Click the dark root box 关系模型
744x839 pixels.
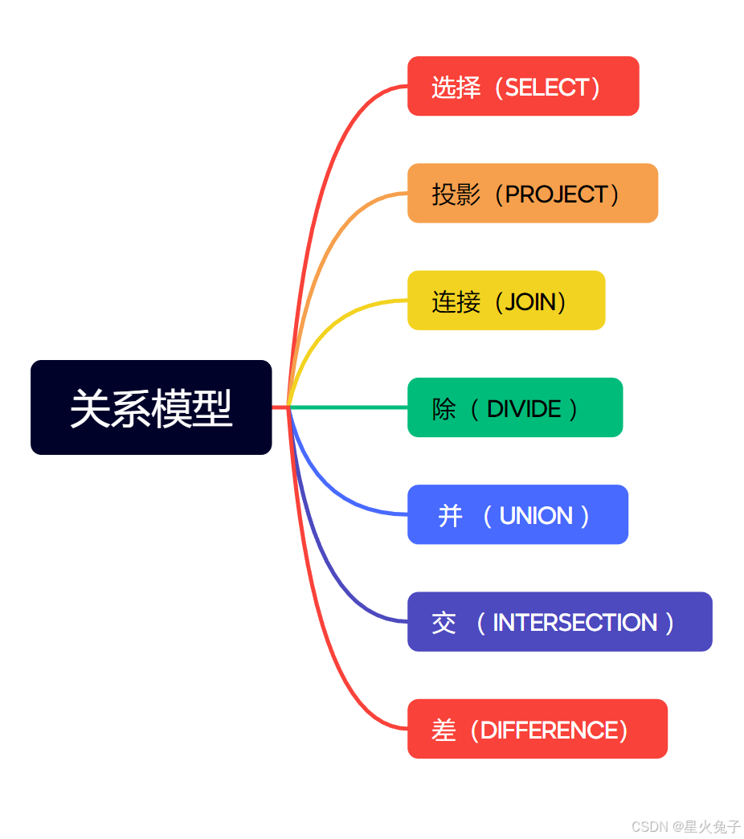point(151,407)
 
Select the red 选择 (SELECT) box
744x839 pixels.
point(523,86)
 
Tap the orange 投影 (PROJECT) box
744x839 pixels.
point(533,193)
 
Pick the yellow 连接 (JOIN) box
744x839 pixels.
point(506,301)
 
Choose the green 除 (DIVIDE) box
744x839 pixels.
point(515,407)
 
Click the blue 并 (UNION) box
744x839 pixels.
point(517,514)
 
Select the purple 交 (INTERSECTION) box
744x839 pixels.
point(559,622)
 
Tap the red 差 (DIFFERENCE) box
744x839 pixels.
point(537,729)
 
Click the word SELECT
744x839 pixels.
point(547,87)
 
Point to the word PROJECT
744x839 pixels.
point(556,194)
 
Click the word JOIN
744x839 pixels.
point(531,301)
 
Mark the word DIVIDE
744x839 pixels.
point(524,409)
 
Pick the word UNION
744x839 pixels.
point(536,516)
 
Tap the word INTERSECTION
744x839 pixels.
point(574,623)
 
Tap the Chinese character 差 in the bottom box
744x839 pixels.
point(444,730)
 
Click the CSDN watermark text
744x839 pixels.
point(685,826)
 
